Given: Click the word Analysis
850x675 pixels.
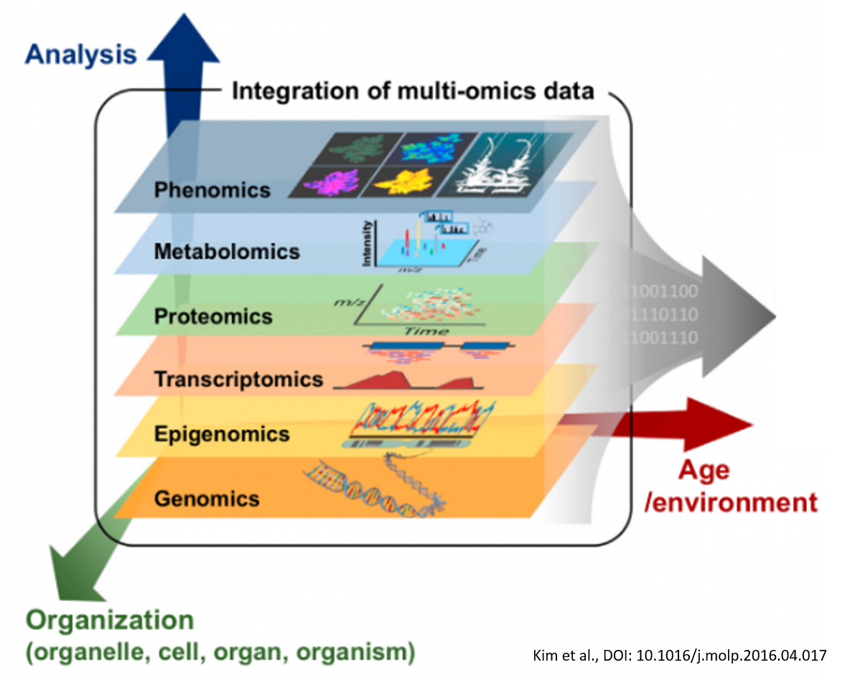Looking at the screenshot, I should coord(80,55).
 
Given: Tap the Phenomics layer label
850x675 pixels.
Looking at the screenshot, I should coord(212,189).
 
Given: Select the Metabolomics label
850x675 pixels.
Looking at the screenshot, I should coord(226,251).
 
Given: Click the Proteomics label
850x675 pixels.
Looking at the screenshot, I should coord(213,316).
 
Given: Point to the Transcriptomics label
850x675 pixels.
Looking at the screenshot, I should coord(238,379).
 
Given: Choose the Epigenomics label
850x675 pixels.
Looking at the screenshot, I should coord(222,433).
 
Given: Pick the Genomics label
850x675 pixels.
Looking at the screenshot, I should coord(206,497).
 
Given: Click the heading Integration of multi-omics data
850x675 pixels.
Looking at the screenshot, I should coord(413,92).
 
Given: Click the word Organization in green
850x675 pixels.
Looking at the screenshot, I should coord(110,620).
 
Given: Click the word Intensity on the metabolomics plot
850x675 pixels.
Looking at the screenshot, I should coord(367,245).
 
